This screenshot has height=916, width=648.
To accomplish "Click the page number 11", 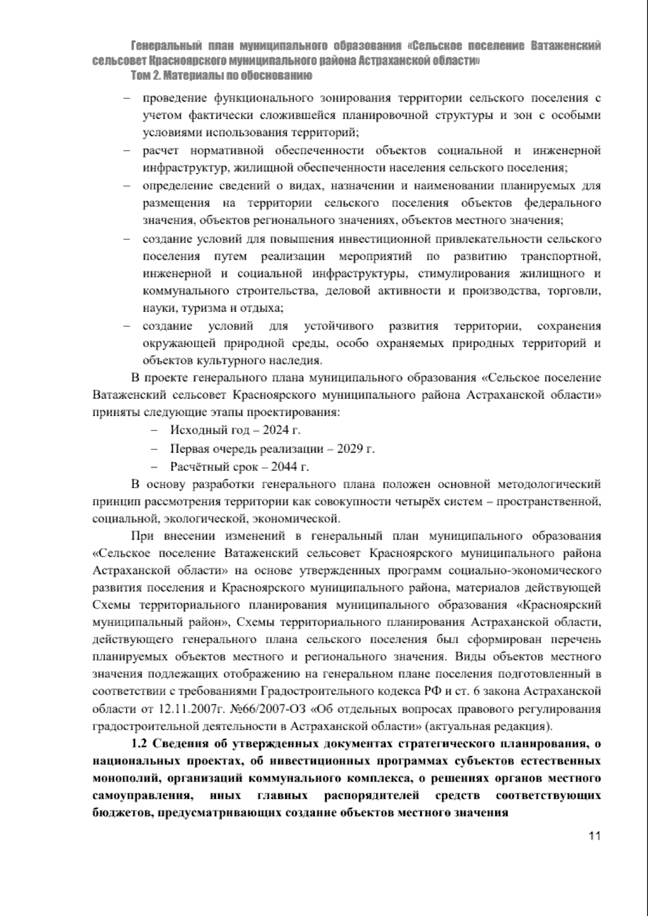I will click(595, 852).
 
